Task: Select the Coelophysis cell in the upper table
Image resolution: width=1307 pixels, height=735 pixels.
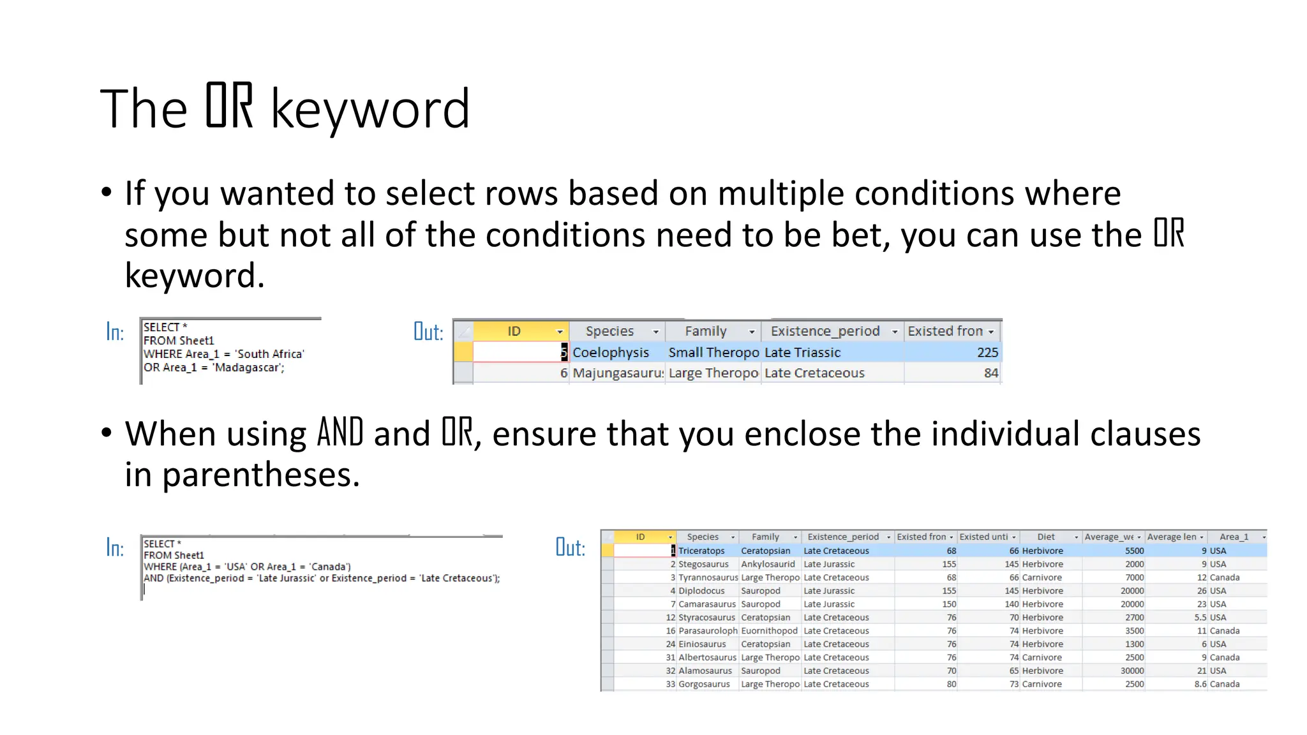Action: click(x=610, y=352)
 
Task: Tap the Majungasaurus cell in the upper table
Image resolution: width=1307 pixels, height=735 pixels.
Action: click(x=617, y=373)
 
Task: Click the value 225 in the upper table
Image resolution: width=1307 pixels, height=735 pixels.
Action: click(x=987, y=352)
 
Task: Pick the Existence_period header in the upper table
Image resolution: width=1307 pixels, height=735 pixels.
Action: click(x=825, y=331)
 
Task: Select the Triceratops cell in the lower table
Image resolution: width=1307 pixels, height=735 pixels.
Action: click(x=701, y=551)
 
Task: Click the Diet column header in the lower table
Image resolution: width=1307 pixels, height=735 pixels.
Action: click(x=1045, y=537)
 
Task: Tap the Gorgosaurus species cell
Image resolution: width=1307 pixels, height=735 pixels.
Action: click(x=704, y=684)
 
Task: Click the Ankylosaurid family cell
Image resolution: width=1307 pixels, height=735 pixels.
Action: click(x=768, y=564)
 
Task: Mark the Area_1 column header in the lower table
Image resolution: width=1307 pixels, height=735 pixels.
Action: click(x=1233, y=537)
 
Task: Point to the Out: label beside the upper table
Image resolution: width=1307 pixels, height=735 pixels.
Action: click(x=428, y=332)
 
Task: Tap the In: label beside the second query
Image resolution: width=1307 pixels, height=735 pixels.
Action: click(x=115, y=548)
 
